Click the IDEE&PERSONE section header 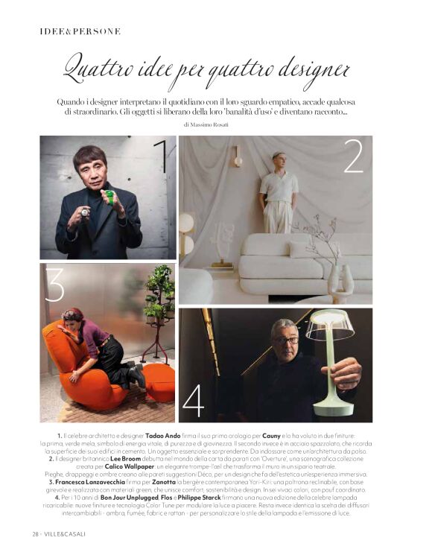[80, 31]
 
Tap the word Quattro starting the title [104, 69]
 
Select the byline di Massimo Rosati [216, 124]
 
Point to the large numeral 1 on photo [159, 156]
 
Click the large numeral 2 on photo [353, 156]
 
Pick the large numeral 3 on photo [54, 285]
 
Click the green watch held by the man [109, 198]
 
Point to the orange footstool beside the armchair [159, 381]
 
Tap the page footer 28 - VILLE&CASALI [59, 533]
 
